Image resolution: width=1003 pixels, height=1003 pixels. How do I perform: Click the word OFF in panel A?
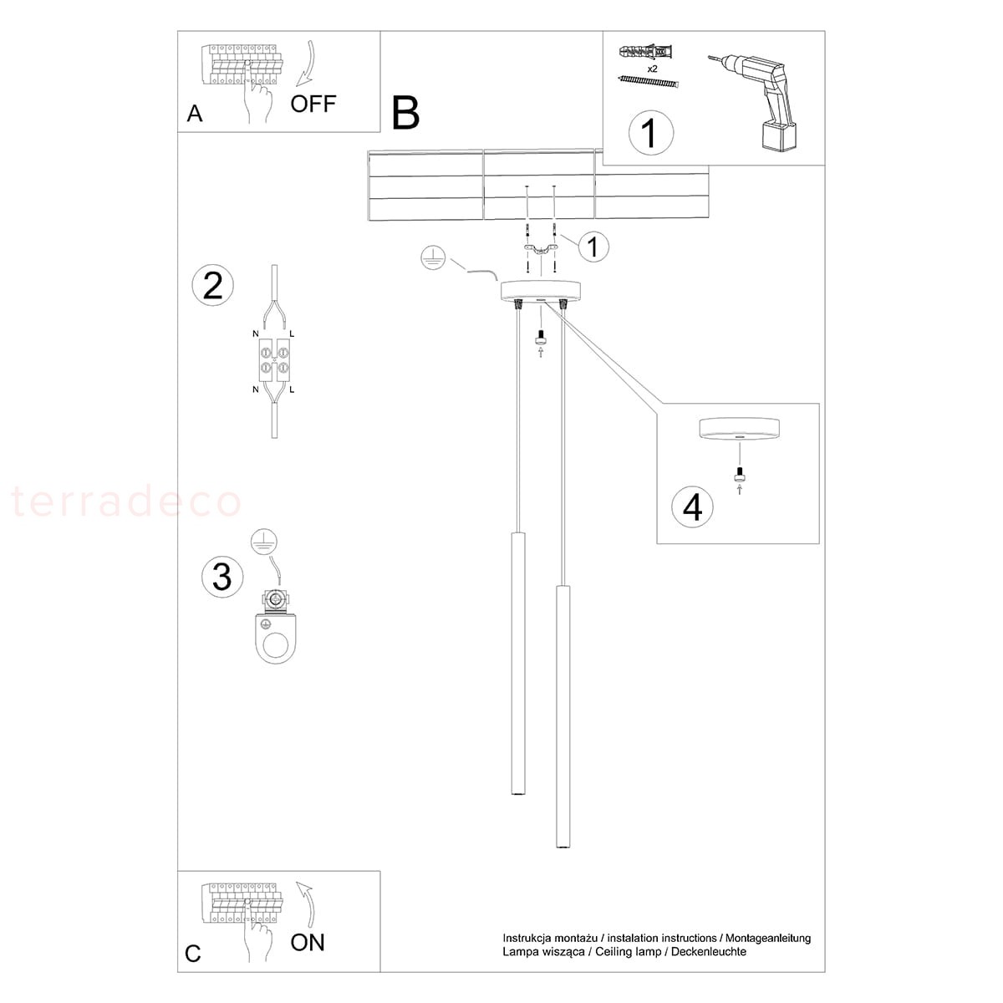[313, 104]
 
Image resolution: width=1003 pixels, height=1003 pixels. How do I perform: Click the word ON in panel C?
[308, 943]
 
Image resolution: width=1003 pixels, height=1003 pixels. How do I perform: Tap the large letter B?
[405, 113]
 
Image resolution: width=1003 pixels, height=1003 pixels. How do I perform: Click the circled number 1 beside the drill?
[650, 133]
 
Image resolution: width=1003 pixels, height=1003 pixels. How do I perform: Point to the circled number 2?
[213, 285]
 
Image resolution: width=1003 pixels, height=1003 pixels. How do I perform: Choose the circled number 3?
[222, 577]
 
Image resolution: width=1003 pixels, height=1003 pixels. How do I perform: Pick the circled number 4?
[693, 507]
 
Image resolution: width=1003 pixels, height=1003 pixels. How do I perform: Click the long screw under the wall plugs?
[649, 81]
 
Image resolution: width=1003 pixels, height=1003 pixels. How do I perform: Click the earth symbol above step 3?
[264, 543]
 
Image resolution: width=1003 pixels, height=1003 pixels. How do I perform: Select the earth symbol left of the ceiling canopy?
[433, 258]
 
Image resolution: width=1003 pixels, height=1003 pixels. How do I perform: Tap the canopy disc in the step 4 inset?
[739, 428]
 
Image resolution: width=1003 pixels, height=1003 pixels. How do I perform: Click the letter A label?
[195, 114]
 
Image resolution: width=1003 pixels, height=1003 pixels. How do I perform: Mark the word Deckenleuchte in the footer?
[715, 951]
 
